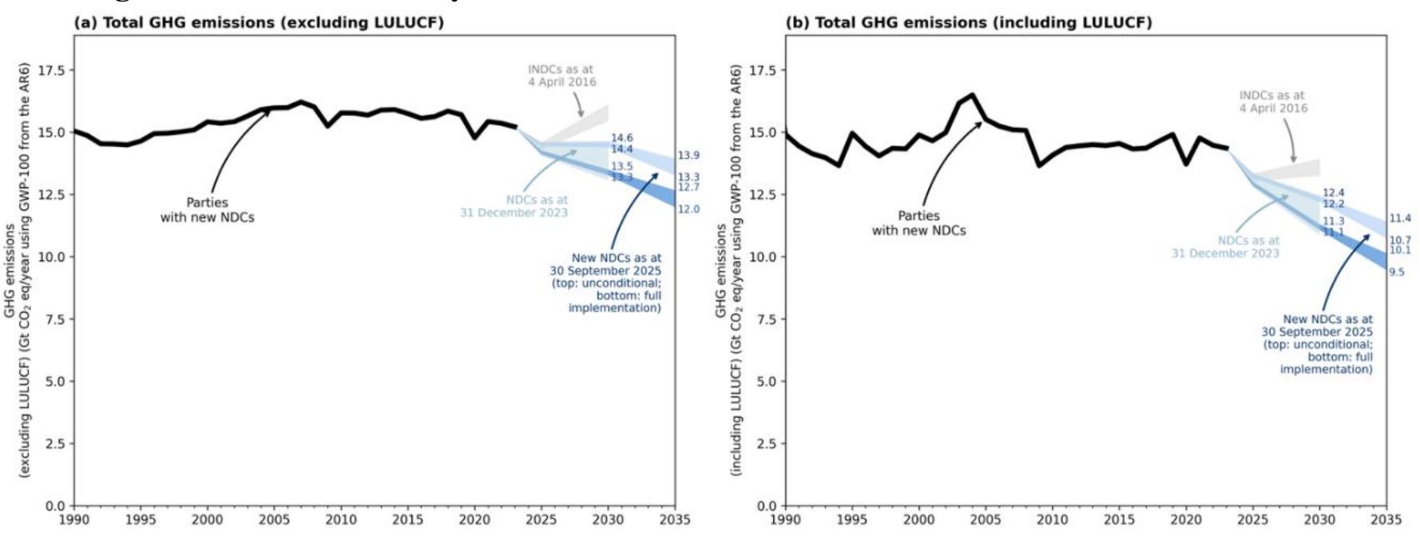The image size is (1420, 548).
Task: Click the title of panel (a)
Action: (x=259, y=22)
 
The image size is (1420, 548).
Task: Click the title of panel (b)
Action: (x=969, y=22)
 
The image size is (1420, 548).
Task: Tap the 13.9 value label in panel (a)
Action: (x=688, y=155)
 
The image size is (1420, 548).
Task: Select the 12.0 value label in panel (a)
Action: (x=688, y=209)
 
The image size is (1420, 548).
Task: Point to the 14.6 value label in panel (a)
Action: (x=621, y=138)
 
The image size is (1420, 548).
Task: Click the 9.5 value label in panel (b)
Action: (x=1396, y=272)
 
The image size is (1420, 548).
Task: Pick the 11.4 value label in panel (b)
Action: (x=1400, y=218)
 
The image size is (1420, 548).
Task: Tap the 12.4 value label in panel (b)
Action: (x=1333, y=193)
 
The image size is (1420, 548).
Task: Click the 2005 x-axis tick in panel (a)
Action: (x=274, y=520)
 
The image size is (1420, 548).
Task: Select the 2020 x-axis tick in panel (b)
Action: (x=1186, y=520)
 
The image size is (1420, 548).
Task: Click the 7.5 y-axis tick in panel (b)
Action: (x=767, y=320)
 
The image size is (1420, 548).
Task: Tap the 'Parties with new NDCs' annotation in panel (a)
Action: (x=207, y=210)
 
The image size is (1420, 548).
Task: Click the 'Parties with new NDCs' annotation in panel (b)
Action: (x=918, y=223)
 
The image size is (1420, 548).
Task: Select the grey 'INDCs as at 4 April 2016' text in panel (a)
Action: (x=561, y=76)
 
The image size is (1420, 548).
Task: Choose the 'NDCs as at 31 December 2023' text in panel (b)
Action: (x=1226, y=247)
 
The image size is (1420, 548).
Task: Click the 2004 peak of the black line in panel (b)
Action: (x=972, y=95)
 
